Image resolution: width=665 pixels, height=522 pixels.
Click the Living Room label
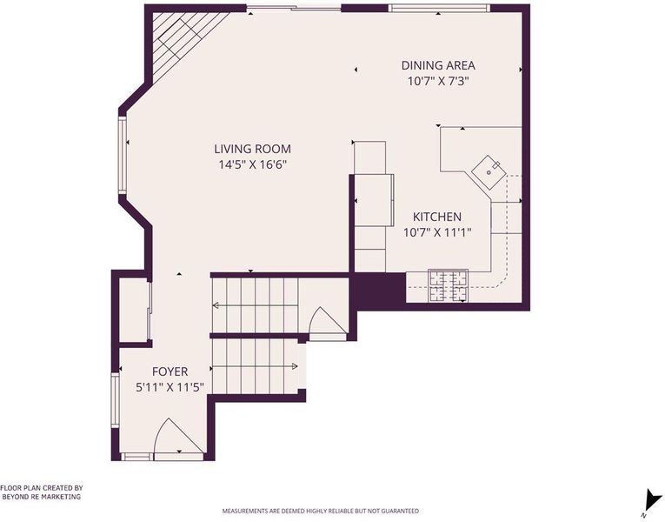tap(252, 149)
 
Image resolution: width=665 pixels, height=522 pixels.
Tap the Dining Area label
tap(438, 65)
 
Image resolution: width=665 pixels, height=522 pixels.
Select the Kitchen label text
tap(437, 217)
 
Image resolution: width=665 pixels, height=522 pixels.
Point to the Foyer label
tap(170, 371)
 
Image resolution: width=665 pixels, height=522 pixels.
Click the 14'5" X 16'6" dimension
tap(253, 164)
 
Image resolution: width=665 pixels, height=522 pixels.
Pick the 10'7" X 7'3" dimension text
tap(438, 81)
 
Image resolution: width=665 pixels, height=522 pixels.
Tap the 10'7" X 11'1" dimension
tap(437, 232)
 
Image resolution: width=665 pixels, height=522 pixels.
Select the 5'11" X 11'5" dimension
tap(170, 387)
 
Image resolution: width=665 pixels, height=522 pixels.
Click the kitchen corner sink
tap(489, 172)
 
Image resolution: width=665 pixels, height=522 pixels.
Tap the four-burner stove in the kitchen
tap(448, 285)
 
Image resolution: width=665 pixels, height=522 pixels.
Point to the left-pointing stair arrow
tap(255, 305)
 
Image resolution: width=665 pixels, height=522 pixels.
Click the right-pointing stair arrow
tap(255, 366)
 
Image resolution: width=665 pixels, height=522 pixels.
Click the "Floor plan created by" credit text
tap(41, 492)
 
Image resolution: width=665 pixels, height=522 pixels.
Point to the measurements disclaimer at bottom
tap(320, 511)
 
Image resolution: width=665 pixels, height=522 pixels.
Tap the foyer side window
tap(115, 400)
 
